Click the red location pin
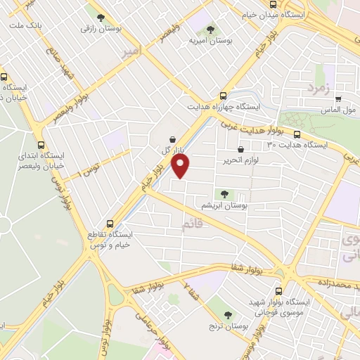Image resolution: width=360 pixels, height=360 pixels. tap(181, 165)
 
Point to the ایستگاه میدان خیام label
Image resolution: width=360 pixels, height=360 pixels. tap(316, 15)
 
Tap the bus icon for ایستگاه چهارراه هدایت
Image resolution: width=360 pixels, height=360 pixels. tap(223, 96)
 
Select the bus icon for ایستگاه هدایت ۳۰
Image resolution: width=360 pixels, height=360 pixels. tap(297, 134)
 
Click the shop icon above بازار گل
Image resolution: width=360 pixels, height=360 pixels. tap(172, 139)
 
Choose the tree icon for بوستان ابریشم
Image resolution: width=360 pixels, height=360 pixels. tap(224, 193)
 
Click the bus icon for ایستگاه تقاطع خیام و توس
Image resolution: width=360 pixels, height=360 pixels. tap(109, 224)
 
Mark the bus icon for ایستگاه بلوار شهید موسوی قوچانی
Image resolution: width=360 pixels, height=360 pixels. tap(279, 290)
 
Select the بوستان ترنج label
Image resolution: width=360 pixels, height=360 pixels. tap(226, 328)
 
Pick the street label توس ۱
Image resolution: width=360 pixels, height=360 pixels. tap(93, 166)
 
